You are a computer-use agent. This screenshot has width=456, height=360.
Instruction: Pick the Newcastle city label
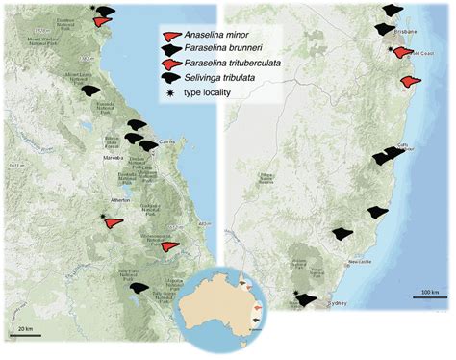361,262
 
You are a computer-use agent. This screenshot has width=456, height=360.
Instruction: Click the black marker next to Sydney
308,299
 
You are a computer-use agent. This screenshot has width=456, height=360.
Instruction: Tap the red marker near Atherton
114,222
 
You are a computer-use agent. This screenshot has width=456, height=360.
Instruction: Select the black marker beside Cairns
148,144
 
